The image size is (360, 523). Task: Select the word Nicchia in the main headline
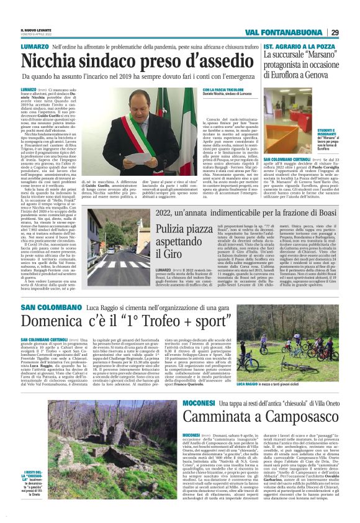click(52, 61)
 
